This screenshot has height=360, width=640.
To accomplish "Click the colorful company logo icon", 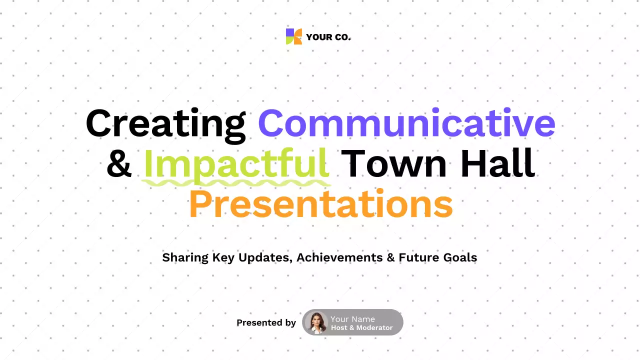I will (294, 36).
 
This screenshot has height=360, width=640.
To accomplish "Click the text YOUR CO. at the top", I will (328, 37).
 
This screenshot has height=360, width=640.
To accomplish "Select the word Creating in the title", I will (165, 124).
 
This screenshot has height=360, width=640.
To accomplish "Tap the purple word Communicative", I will (406, 123).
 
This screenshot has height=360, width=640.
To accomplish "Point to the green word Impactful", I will (236, 164).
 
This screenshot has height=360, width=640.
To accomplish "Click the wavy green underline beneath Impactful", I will (236, 183).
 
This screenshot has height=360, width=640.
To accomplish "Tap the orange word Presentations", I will (320, 204).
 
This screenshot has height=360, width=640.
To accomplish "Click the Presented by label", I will (266, 323).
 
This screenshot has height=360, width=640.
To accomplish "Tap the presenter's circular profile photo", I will (316, 322).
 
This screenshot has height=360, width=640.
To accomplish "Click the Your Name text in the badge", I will (352, 319).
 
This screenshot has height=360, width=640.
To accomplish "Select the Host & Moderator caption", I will (361, 328).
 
